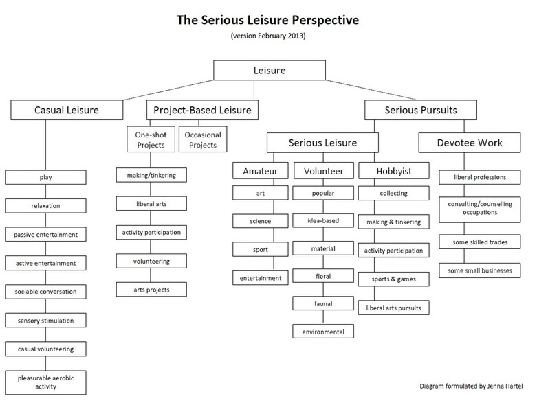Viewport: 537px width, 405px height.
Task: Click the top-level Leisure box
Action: (x=269, y=70)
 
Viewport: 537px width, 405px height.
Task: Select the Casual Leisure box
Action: (x=67, y=110)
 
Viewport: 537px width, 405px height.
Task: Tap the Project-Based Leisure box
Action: (x=201, y=110)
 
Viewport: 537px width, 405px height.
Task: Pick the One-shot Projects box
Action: (x=151, y=139)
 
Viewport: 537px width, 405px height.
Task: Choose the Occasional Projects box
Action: (x=201, y=139)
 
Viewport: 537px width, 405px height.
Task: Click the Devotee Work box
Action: (x=470, y=143)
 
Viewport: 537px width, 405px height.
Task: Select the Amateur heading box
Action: (x=260, y=170)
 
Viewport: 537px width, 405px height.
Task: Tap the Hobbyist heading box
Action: (x=394, y=170)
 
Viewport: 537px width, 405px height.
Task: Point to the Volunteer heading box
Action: (x=323, y=170)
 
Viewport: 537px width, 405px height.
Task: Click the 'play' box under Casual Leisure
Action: (x=46, y=177)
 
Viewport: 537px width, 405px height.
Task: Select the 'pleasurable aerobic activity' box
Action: (x=46, y=382)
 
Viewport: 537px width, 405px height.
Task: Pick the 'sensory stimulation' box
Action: (x=46, y=321)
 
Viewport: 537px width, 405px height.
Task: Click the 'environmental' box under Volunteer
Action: (x=323, y=332)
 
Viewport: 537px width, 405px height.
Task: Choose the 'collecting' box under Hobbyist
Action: (x=394, y=194)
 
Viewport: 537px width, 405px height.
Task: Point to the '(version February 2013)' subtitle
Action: (x=269, y=36)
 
